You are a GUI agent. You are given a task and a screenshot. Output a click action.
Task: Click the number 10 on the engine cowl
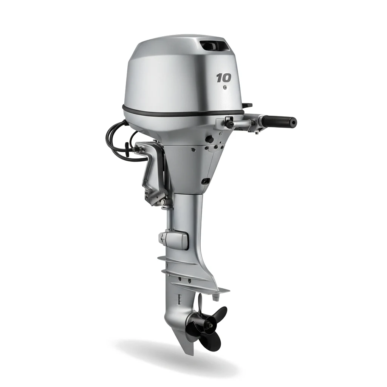coord(224,78)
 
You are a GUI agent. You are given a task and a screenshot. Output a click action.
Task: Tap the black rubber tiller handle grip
coord(279,121)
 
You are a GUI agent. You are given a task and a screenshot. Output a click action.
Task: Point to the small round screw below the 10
coord(224,87)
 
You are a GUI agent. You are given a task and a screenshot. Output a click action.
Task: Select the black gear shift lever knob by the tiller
coord(229,124)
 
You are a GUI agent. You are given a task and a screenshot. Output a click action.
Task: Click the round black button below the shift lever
coord(209,139)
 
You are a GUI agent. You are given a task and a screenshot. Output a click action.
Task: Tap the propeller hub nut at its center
coord(211,326)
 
